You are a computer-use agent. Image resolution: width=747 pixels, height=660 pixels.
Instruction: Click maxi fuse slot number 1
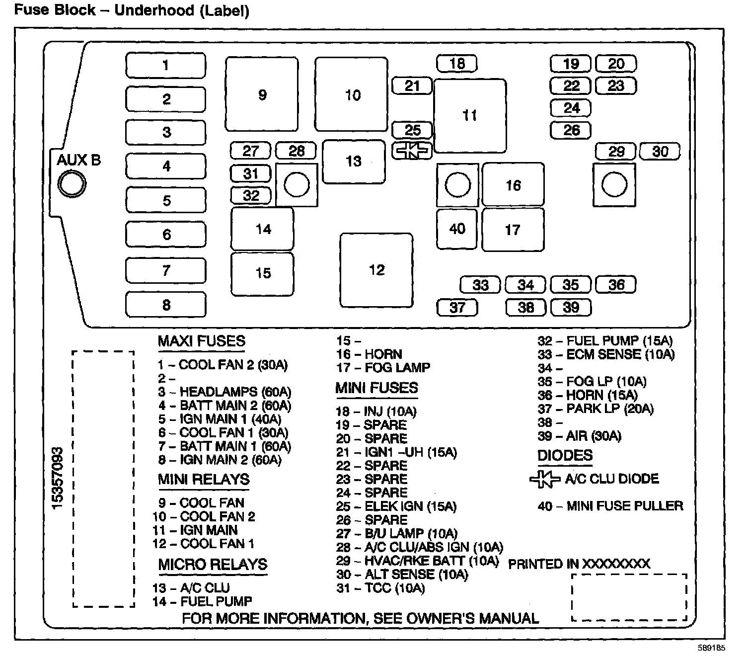165,65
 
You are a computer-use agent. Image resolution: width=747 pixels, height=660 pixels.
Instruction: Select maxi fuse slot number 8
165,305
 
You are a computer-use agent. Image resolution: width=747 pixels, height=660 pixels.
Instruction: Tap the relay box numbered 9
262,94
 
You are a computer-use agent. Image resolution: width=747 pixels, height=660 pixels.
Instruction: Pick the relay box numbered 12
376,270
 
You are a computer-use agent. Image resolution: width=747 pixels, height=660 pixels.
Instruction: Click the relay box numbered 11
470,115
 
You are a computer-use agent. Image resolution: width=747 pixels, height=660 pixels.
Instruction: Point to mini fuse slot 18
457,64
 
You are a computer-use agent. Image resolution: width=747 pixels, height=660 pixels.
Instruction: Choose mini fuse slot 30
660,151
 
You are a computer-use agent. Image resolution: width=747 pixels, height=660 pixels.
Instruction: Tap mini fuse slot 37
457,307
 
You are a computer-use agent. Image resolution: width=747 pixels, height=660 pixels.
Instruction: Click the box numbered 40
457,229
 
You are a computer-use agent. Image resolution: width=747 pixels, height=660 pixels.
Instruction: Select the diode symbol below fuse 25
412,151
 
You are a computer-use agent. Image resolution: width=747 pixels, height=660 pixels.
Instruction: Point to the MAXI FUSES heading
201,341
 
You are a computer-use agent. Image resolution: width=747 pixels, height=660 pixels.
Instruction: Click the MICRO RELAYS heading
213,565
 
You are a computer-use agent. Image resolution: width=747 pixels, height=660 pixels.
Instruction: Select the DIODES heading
565,456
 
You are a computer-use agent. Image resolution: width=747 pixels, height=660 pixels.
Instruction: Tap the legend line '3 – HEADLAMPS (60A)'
224,392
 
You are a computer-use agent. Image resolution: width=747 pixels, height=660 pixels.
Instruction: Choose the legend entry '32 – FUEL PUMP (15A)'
605,341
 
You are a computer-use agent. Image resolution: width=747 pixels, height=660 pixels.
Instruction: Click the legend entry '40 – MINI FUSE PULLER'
610,506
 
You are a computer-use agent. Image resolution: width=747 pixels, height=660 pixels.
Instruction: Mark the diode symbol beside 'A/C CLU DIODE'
545,479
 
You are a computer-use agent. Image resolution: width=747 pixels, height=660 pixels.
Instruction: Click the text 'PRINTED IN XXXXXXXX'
579,564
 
